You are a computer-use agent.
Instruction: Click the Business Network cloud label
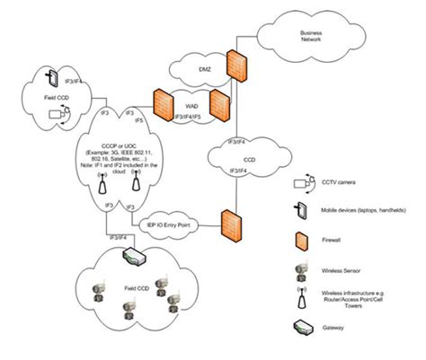[x=310, y=37]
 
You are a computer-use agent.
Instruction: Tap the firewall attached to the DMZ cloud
[x=235, y=64]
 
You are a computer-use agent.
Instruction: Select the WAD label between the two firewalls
[x=191, y=104]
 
